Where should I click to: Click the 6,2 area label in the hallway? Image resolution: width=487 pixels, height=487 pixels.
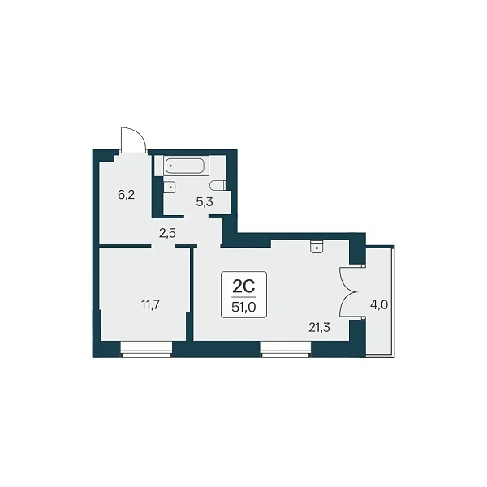click(x=127, y=195)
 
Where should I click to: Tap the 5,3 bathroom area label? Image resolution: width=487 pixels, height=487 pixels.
click(x=205, y=202)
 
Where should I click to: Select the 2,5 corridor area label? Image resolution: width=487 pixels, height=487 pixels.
click(x=167, y=233)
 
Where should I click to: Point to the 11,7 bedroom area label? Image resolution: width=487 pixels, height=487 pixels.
click(x=151, y=305)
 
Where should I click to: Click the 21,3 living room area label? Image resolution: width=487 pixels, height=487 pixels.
click(x=319, y=327)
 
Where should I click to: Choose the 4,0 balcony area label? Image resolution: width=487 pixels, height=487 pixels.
click(x=379, y=305)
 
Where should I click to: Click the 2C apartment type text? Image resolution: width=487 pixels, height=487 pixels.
click(x=243, y=287)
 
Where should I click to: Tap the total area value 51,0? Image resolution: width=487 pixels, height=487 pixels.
click(x=243, y=307)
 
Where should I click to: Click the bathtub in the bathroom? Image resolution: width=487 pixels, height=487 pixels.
click(x=184, y=166)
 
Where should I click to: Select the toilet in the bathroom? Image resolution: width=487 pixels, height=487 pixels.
click(x=217, y=186)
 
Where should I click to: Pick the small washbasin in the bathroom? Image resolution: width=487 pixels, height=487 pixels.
click(x=170, y=187)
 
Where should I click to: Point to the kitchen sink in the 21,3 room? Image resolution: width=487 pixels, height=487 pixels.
click(x=317, y=247)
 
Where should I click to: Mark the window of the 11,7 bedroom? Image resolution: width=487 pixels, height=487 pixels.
click(x=146, y=349)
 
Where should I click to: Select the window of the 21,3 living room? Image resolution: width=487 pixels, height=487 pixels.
click(x=286, y=349)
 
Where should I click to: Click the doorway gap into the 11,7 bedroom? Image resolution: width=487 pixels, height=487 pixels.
click(x=163, y=246)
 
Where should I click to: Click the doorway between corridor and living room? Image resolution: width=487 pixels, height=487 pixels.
click(x=209, y=246)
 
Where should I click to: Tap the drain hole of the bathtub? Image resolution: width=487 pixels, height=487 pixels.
click(x=170, y=166)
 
